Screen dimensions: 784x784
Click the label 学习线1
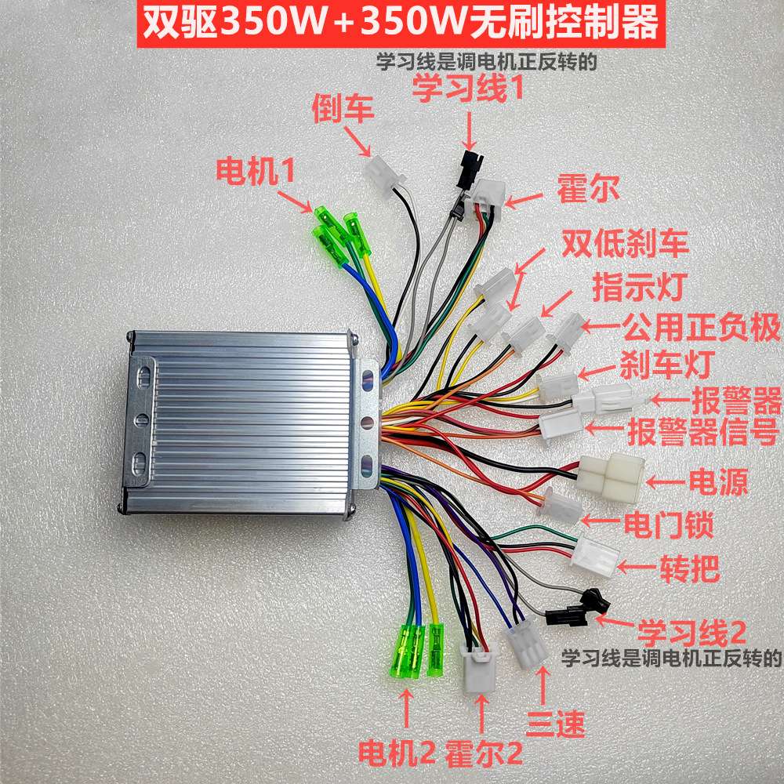[x=468, y=90]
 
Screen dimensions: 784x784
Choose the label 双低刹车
[x=624, y=245]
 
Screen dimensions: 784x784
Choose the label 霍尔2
[x=483, y=755]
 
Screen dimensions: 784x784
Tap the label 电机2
[x=396, y=755]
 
